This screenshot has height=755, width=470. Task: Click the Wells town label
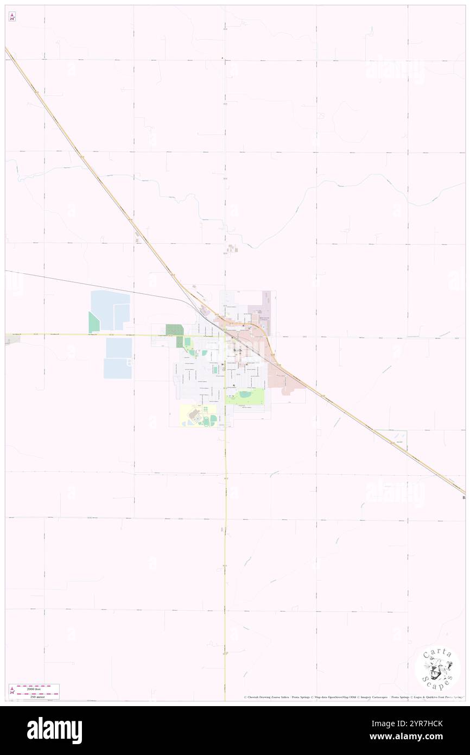point(237,351)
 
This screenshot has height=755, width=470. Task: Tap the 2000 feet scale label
point(38,688)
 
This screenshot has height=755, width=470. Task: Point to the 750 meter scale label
point(38,696)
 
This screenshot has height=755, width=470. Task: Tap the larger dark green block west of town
point(174,329)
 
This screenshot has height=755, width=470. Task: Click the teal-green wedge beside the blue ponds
point(94,323)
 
